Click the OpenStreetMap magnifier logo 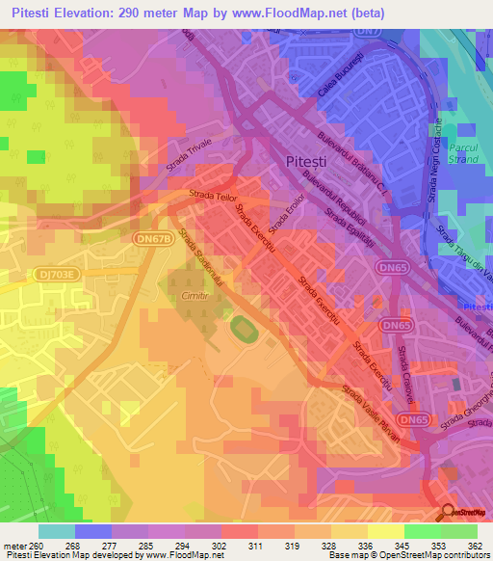coord(447,511)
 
